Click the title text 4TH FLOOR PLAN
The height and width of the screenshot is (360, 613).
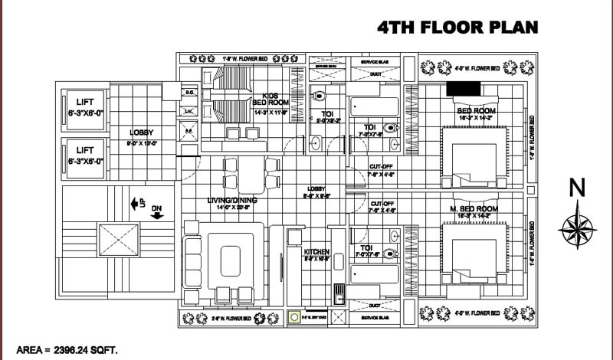click(457, 28)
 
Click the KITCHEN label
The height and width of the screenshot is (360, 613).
click(316, 252)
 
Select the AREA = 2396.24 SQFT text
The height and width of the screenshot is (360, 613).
click(67, 349)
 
